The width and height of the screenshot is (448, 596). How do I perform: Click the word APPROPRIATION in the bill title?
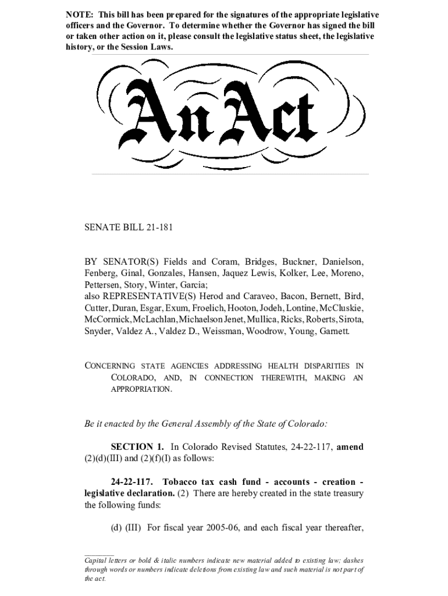coord(141,389)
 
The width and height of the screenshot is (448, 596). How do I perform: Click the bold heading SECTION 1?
coord(137,447)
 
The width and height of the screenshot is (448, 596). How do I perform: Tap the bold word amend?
coord(350,447)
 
